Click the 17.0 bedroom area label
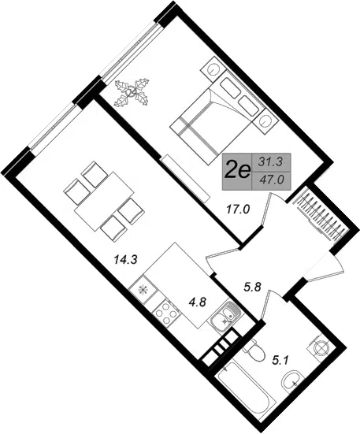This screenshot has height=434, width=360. (238, 210)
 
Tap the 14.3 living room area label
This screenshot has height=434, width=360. (126, 260)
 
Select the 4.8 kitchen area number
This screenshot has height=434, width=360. (197, 302)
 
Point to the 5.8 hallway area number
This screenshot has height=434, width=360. (252, 287)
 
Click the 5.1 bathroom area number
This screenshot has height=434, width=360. (280, 361)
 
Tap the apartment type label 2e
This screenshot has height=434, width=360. (237, 172)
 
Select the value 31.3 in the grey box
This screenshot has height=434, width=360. (270, 162)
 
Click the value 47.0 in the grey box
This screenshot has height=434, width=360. (272, 180)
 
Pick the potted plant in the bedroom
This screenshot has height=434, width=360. (132, 92)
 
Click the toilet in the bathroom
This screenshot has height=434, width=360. (252, 351)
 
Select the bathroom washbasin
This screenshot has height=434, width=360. (292, 381)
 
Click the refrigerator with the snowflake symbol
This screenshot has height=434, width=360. (143, 290)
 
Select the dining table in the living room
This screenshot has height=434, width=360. (105, 201)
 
